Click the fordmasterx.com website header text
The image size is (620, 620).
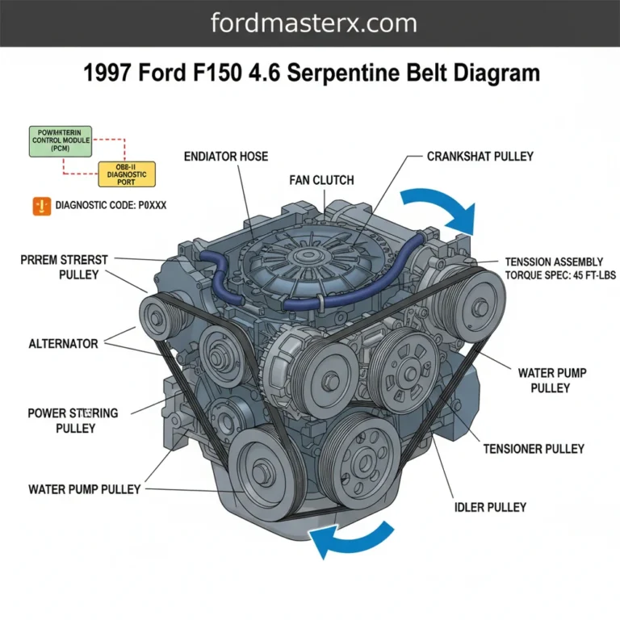tap(313, 23)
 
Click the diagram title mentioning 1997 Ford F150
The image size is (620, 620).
tap(311, 74)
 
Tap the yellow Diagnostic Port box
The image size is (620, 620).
tap(126, 174)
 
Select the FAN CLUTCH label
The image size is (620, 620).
tap(321, 180)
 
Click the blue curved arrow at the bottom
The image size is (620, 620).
tap(353, 539)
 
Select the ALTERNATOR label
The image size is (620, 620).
tap(63, 344)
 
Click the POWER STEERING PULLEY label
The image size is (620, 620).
tap(73, 420)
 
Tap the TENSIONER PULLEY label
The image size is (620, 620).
tap(534, 448)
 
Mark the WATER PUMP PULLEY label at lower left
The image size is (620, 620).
tap(84, 489)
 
